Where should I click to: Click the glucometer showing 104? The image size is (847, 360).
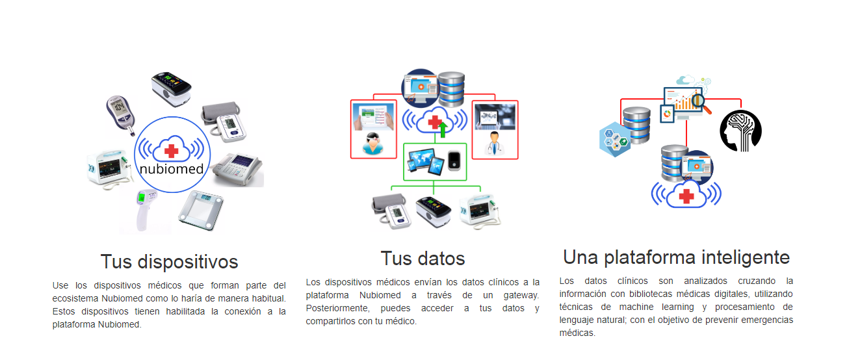pos(121,114)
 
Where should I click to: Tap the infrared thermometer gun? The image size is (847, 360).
pos(145,209)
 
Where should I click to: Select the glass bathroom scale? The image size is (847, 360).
pos(201,210)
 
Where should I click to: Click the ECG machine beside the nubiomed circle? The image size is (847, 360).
pos(238,170)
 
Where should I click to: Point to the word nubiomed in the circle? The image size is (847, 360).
pos(172,169)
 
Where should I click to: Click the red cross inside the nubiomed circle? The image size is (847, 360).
pos(172,151)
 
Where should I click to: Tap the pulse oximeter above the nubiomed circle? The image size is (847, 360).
pos(172,88)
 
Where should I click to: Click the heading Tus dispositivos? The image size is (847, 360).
pos(170,262)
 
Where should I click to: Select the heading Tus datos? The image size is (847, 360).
pos(423,259)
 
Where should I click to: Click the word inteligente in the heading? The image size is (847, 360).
pos(746,257)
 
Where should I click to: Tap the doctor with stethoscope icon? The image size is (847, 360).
pos(494,144)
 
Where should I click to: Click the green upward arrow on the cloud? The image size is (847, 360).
pos(443,129)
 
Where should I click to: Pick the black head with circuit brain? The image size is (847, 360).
pos(740,131)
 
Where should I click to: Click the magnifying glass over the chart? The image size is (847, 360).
pos(701,103)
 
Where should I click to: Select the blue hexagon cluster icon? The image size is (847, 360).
pos(614,139)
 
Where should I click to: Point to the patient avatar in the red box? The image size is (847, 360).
pos(373,144)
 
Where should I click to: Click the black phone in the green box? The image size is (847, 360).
pos(454,161)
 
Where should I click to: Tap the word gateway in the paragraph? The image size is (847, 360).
pos(521,295)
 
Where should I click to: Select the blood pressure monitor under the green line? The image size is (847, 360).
pos(391,211)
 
